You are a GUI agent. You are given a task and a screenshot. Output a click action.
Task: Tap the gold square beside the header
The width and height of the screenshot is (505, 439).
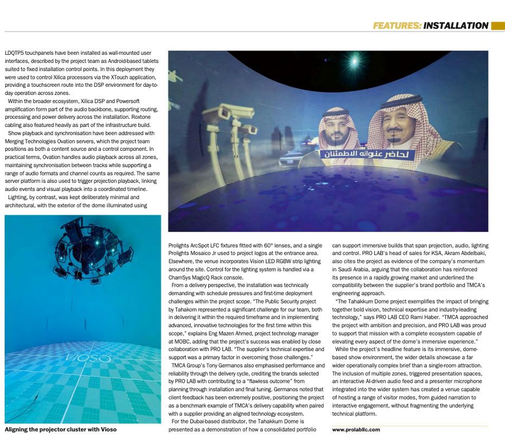click(497, 26)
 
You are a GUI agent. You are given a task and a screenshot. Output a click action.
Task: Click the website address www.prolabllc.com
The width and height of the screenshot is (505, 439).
click(356, 430)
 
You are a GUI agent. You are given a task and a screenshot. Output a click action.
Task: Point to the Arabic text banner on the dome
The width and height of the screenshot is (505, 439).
click(366, 154)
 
